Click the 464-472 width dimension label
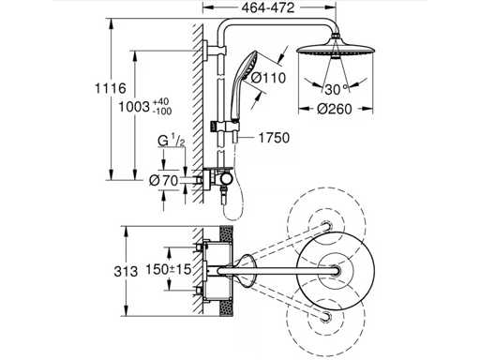coord(268,7)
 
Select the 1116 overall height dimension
coord(111,88)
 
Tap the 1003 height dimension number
coord(134,107)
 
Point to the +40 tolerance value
coord(161,101)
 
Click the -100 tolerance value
coord(162,111)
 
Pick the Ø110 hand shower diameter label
coord(269,78)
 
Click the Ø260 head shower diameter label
coord(335,109)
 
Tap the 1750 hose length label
coord(274,138)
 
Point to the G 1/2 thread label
coord(172,142)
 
